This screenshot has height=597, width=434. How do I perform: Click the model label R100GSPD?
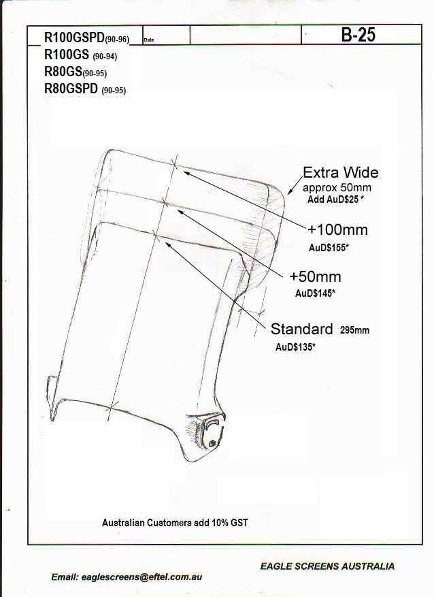[75, 37]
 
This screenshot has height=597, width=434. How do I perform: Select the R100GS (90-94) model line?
[81, 55]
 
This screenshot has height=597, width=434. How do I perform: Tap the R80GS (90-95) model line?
[76, 71]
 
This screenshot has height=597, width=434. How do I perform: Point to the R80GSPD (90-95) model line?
[85, 88]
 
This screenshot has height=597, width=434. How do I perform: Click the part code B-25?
[358, 35]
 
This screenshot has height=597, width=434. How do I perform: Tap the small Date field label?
[149, 39]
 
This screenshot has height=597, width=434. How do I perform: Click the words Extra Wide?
[340, 172]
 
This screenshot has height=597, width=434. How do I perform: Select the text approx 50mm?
[337, 188]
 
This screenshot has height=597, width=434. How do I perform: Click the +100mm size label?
[337, 229]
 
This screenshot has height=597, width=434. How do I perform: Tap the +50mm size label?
[316, 276]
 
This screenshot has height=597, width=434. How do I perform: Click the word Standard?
[301, 329]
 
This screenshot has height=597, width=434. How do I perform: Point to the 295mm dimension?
[354, 330]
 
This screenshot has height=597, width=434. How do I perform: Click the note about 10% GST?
[175, 523]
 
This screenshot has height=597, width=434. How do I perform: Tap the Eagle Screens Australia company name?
[327, 566]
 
